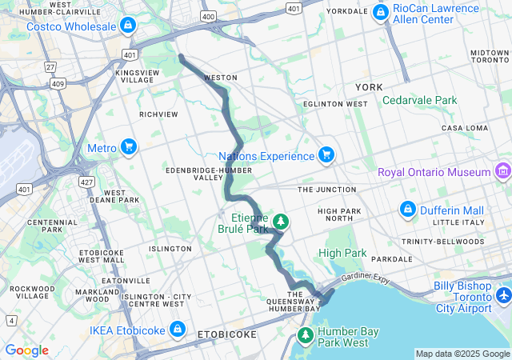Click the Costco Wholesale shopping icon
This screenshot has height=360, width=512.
click(x=128, y=26)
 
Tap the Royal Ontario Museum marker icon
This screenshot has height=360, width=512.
click(x=502, y=171)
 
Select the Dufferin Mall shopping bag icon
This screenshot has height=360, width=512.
click(x=408, y=209)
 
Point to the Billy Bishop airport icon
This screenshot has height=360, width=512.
click(x=503, y=296)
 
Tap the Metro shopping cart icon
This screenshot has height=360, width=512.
click(x=129, y=147)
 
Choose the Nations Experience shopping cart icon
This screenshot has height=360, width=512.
click(x=326, y=154)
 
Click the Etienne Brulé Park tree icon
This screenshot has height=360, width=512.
click(x=281, y=221)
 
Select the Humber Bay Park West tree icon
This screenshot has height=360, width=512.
click(x=305, y=334)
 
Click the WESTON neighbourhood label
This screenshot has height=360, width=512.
click(x=221, y=78)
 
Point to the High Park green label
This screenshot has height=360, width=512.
click(x=342, y=253)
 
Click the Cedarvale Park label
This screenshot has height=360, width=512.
click(x=419, y=100)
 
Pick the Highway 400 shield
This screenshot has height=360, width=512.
click(x=209, y=16)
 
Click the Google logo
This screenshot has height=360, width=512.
click(x=26, y=350)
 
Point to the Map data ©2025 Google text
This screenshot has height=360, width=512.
click(x=462, y=354)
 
